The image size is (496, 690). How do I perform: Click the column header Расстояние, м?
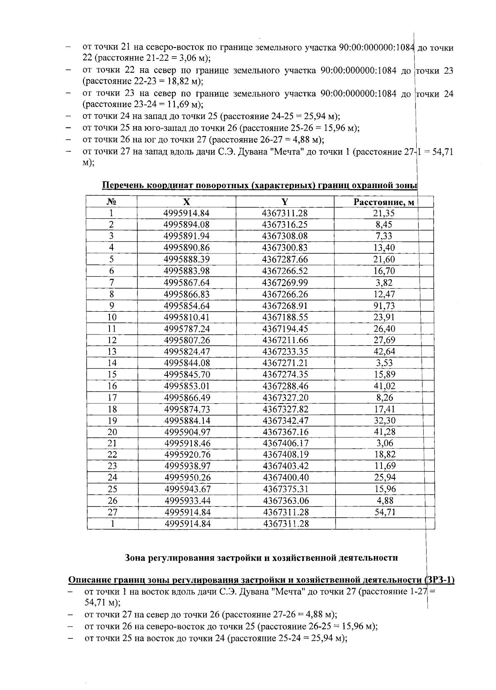coord(384,202)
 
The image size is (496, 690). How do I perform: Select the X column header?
coord(187,202)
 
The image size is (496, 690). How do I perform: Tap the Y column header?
coord(285,202)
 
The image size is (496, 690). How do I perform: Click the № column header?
coord(111,202)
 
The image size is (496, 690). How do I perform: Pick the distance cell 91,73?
coord(384,306)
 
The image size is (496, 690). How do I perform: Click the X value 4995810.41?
coord(187,318)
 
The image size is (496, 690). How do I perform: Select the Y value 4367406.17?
coord(286,443)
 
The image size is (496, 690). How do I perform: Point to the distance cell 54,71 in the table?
coord(384,512)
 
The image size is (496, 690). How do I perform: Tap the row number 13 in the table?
coord(112,352)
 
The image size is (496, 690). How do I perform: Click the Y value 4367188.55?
coord(285,318)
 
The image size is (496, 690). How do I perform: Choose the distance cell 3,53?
coord(384,363)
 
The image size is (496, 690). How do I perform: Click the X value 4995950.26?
coord(188,478)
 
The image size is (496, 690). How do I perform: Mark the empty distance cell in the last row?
coord(384,524)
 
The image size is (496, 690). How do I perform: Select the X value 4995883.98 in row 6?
coord(187,271)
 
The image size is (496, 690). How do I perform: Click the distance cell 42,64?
coord(384,352)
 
